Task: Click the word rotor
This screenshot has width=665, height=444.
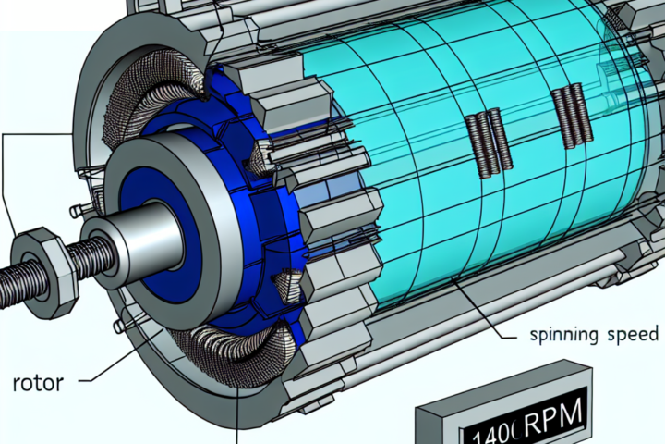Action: (38, 383)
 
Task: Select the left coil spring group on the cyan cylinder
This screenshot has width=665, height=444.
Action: (489, 142)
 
